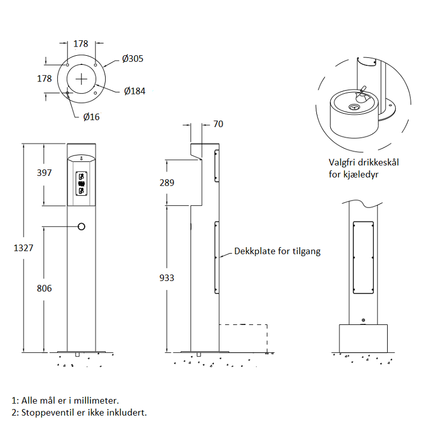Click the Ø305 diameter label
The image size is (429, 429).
[x=132, y=58]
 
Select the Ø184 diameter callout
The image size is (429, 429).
[x=135, y=91]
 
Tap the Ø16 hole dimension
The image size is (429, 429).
[x=91, y=117]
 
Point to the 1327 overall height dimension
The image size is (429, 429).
[x=24, y=248]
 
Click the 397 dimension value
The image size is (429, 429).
[x=45, y=173]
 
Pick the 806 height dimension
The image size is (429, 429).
[x=45, y=289]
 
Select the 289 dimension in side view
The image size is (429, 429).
[x=167, y=183]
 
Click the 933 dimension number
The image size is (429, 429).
[x=167, y=278]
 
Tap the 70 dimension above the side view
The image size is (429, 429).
[x=218, y=124]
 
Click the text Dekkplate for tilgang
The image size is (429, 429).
[x=277, y=252]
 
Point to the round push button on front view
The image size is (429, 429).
[x=82, y=226]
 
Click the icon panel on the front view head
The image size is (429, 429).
[x=82, y=183]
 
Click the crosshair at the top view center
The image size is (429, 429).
[x=82, y=79]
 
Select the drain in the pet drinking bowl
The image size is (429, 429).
[x=354, y=107]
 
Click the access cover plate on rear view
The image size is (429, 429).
[x=364, y=258]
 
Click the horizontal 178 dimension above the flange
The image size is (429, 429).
[x=81, y=44]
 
